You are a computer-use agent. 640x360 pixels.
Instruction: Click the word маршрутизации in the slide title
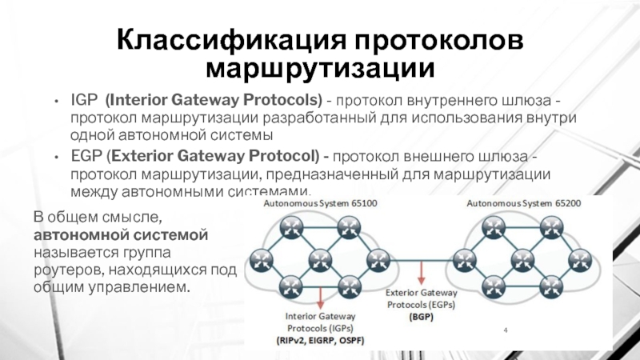319,67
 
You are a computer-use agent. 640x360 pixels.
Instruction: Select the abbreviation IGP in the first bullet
84,102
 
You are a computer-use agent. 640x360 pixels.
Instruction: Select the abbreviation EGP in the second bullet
85,156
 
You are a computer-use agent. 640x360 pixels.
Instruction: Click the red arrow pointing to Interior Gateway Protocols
320,298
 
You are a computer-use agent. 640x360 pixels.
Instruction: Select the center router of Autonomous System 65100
318,258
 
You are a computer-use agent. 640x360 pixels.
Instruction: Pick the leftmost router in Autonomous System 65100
260,258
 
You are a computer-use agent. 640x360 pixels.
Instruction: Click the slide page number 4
506,330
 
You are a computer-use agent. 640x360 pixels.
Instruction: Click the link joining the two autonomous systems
417,258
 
